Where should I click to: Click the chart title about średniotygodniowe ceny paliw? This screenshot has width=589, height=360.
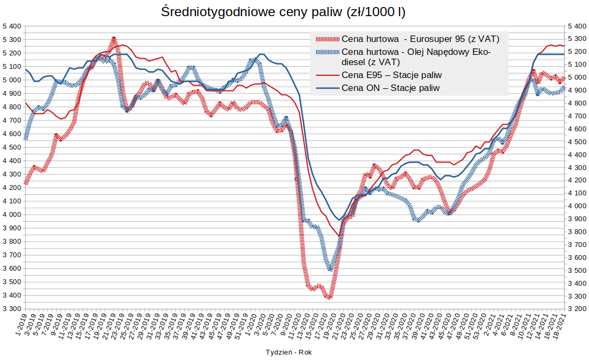283,12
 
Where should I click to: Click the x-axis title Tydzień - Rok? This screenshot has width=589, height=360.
288,352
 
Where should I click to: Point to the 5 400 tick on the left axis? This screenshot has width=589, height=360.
11,26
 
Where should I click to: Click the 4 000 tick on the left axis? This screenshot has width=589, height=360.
11,215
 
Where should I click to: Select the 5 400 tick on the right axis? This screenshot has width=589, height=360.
577,26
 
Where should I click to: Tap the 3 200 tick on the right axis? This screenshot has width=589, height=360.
577,309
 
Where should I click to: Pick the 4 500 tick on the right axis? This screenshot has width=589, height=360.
577,142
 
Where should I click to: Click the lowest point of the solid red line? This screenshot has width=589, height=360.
339,236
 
